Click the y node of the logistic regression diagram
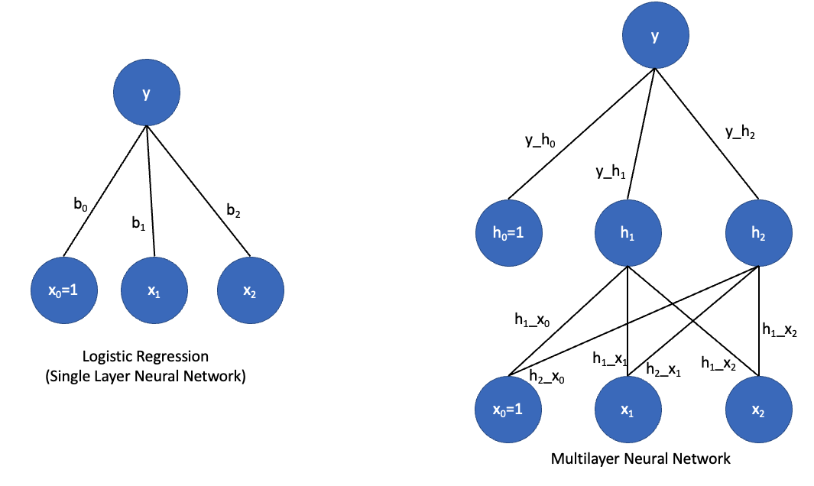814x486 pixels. [147, 94]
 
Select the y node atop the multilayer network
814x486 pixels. [654, 36]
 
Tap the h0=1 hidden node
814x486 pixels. [508, 232]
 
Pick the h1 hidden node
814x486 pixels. [627, 232]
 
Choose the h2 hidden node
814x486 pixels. [757, 232]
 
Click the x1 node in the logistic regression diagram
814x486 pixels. [154, 291]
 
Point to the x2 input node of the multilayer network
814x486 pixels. [757, 410]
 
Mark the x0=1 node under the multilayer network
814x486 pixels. [508, 410]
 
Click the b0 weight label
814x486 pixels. [81, 204]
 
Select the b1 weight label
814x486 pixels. [138, 224]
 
